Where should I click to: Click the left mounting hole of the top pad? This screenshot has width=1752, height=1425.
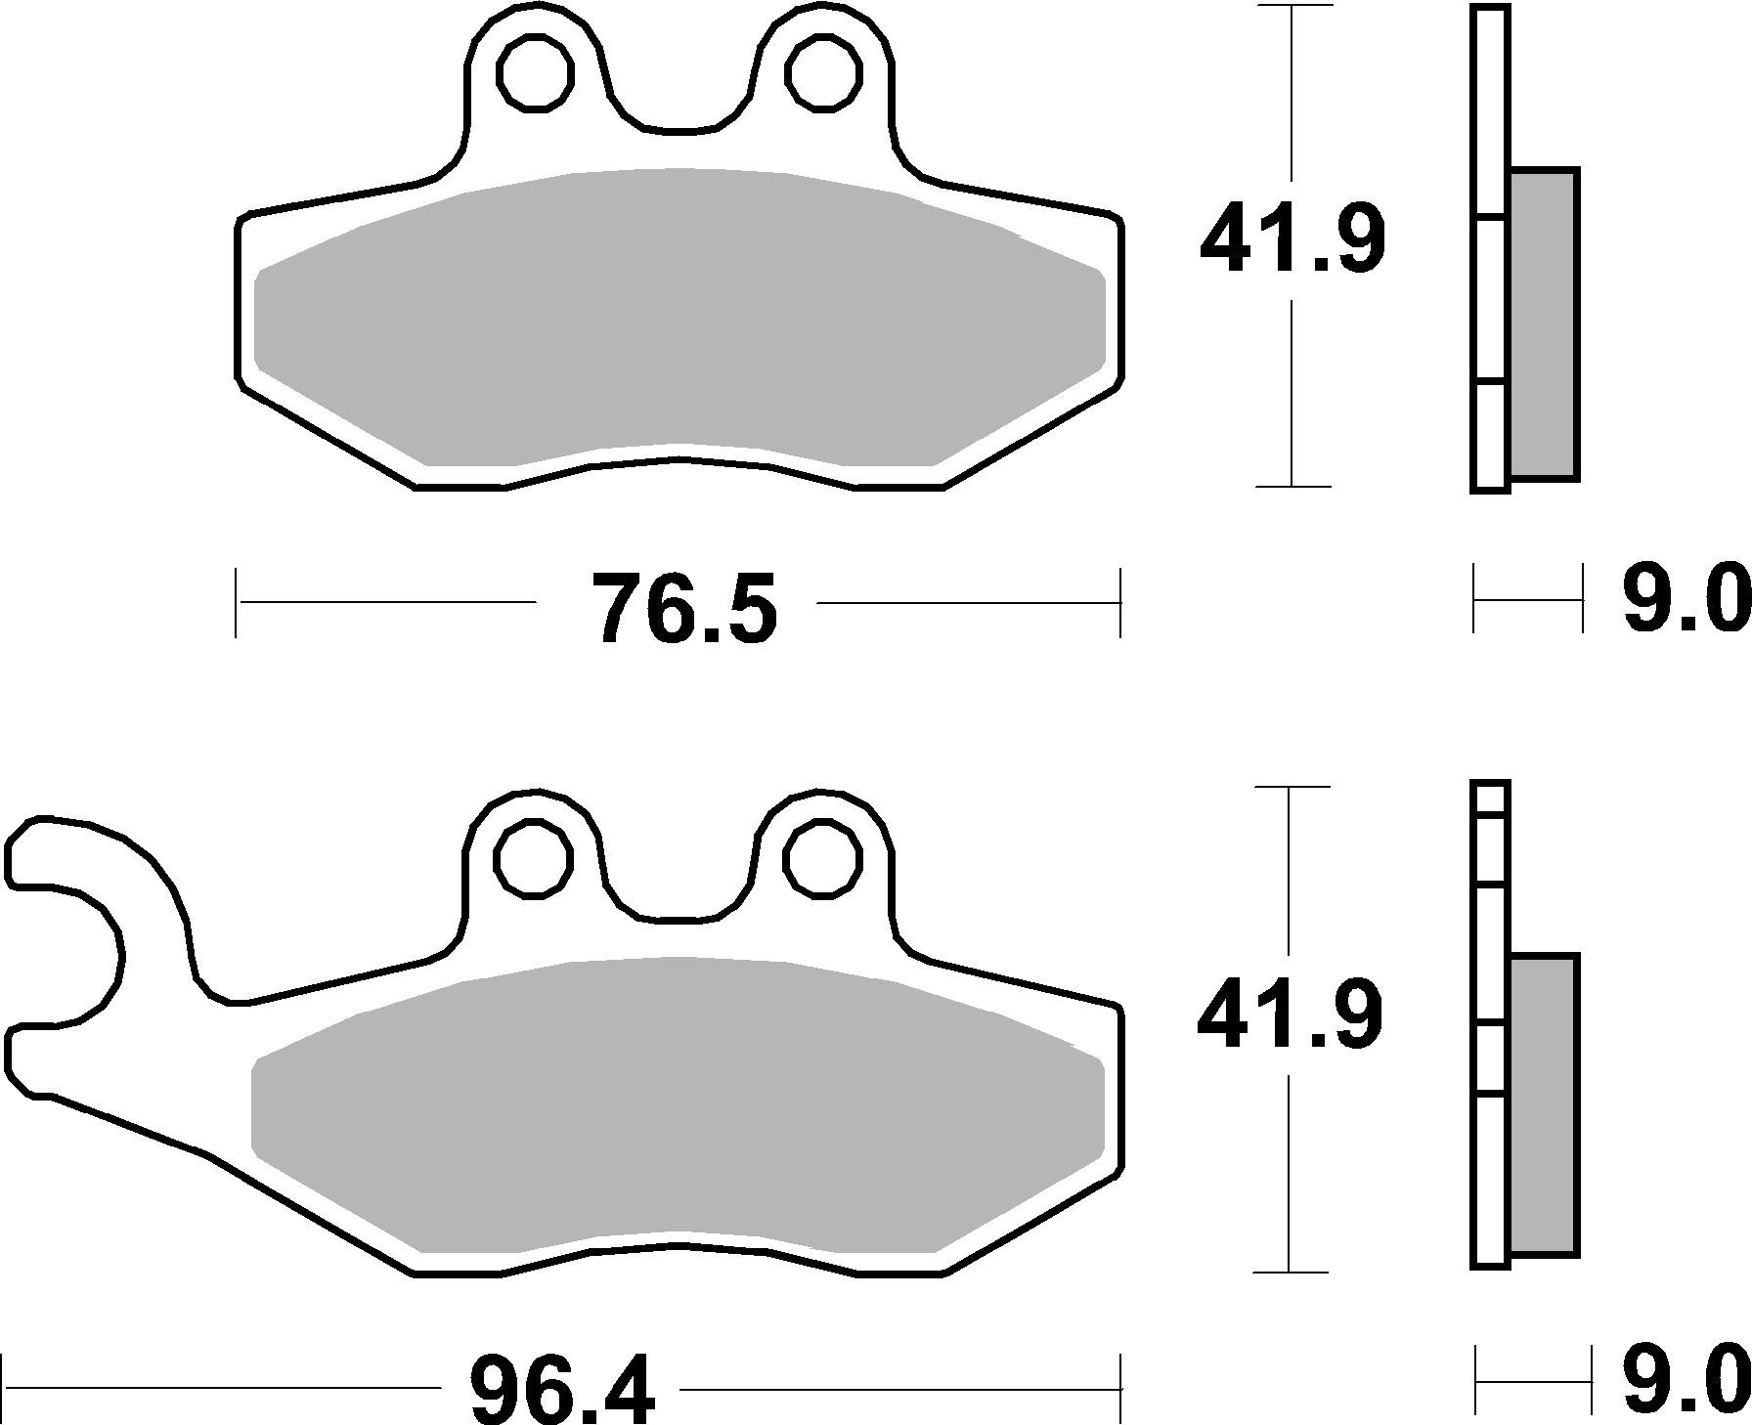pyautogui.click(x=535, y=71)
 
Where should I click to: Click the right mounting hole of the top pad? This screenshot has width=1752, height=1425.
pyautogui.click(x=825, y=71)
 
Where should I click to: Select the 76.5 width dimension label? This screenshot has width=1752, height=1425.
pyautogui.click(x=685, y=608)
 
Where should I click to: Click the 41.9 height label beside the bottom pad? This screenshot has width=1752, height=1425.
pyautogui.click(x=1290, y=1016)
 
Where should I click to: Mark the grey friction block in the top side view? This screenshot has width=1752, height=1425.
pyautogui.click(x=1543, y=324)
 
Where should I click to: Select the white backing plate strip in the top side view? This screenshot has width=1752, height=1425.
pyautogui.click(x=1489, y=293)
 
